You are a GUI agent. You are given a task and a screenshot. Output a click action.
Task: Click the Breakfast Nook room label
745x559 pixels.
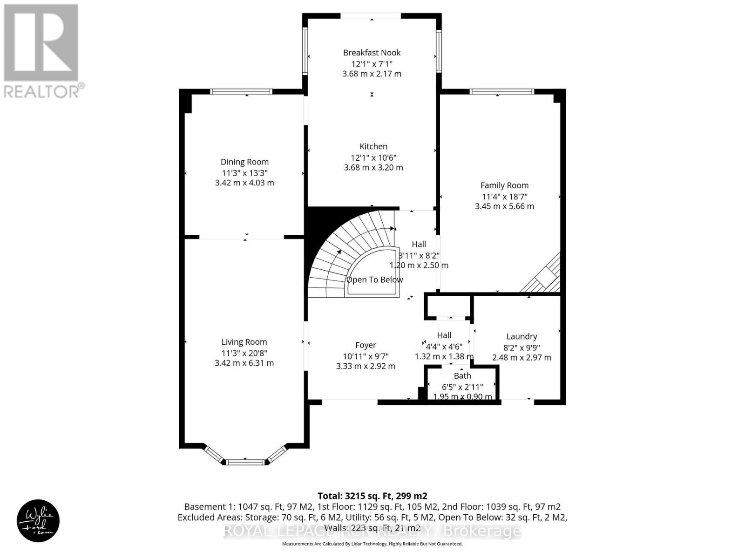click(x=372, y=53)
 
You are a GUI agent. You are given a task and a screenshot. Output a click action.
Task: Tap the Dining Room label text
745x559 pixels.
click(x=244, y=162)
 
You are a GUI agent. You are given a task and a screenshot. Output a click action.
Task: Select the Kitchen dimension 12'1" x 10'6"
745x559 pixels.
click(x=373, y=157)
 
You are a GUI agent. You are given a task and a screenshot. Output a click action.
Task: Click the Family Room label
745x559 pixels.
click(x=504, y=185)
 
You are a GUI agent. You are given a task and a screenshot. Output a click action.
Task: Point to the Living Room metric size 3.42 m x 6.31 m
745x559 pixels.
click(x=244, y=363)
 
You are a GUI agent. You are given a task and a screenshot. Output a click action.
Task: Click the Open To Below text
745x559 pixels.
click(x=375, y=279)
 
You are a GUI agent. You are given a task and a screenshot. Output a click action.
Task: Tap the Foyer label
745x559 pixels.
click(x=366, y=345)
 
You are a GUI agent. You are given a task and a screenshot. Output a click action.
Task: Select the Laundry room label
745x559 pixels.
click(x=521, y=336)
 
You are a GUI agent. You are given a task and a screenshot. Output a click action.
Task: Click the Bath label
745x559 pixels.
click(x=462, y=376)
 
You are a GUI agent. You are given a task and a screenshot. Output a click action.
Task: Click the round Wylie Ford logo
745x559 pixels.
click(x=38, y=521)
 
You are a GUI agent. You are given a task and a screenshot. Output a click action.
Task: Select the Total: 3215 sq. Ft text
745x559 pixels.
click(x=372, y=496)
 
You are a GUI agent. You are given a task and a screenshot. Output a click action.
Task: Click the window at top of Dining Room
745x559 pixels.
click(x=241, y=92)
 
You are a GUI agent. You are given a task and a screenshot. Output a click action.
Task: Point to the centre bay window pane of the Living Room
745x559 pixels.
click(x=245, y=462)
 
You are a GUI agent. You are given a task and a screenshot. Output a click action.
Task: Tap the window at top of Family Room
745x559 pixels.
click(x=502, y=92)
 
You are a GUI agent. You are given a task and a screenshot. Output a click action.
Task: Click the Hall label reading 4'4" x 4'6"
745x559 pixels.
click(x=444, y=346)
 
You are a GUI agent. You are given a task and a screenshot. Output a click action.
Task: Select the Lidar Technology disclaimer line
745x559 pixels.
click(x=372, y=544)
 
